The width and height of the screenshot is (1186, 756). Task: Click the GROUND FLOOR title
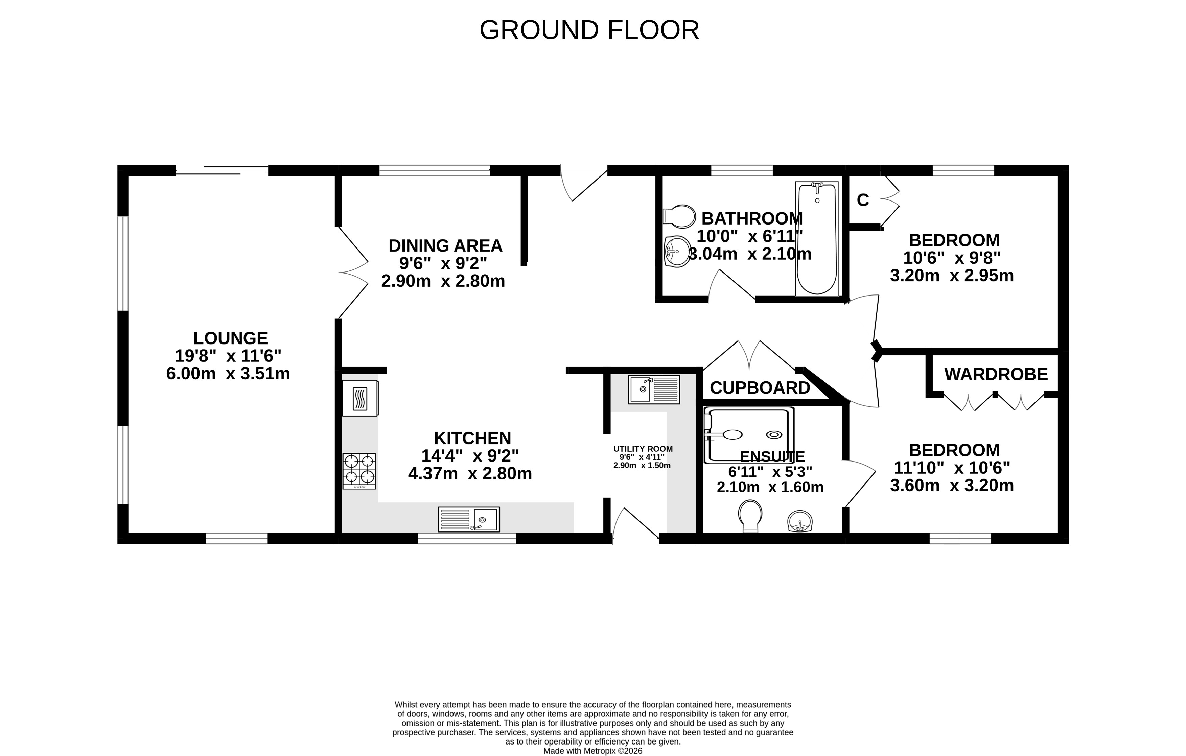(x=589, y=30)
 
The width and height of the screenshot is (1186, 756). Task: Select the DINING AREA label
(x=445, y=246)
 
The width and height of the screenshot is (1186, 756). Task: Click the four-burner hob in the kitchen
(x=359, y=471)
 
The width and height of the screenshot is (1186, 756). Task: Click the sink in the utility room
(x=654, y=389)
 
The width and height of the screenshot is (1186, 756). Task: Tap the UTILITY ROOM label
(x=643, y=449)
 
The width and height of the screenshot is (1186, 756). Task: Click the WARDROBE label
(x=996, y=374)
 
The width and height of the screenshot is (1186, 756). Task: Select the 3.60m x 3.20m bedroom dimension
(x=952, y=486)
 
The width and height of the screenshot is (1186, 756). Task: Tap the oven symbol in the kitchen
(x=361, y=398)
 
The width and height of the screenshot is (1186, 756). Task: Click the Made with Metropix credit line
(x=593, y=751)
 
